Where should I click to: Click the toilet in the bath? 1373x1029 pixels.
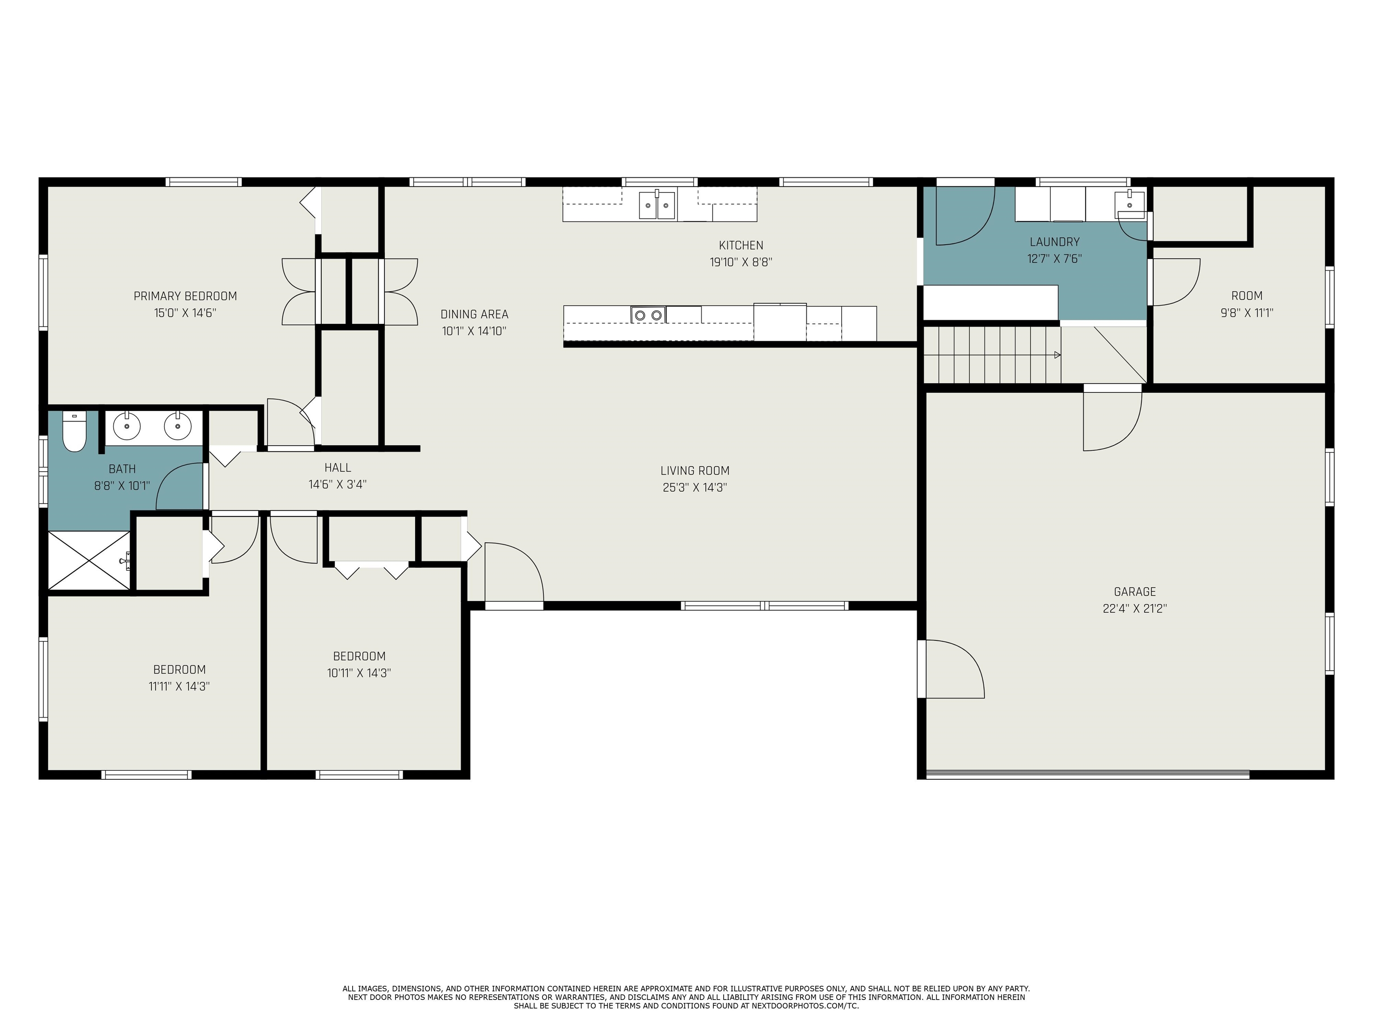pos(74,432)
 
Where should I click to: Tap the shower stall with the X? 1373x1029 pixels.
pos(89,561)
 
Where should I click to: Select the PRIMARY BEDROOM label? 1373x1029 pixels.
pos(185,296)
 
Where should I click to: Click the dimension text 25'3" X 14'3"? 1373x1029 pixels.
pos(695,488)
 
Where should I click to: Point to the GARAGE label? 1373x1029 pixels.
pos(1135,592)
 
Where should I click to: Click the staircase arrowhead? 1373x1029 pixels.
pos(1057,355)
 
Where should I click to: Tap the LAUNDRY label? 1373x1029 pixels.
pos(1055,242)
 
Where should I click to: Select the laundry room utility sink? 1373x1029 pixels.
pos(1130,205)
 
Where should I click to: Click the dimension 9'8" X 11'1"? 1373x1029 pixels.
pos(1247,313)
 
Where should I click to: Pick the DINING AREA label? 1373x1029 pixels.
pos(474,314)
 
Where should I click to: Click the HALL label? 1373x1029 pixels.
pos(338,468)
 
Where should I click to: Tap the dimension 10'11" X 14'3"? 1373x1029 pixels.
pos(359,673)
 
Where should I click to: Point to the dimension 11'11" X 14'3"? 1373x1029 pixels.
pos(179,686)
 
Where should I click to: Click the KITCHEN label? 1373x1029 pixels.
pos(741,246)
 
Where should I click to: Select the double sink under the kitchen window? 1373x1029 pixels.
pos(657,205)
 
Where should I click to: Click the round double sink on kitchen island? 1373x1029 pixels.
pos(648,315)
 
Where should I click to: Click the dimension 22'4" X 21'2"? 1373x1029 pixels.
pos(1135,608)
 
